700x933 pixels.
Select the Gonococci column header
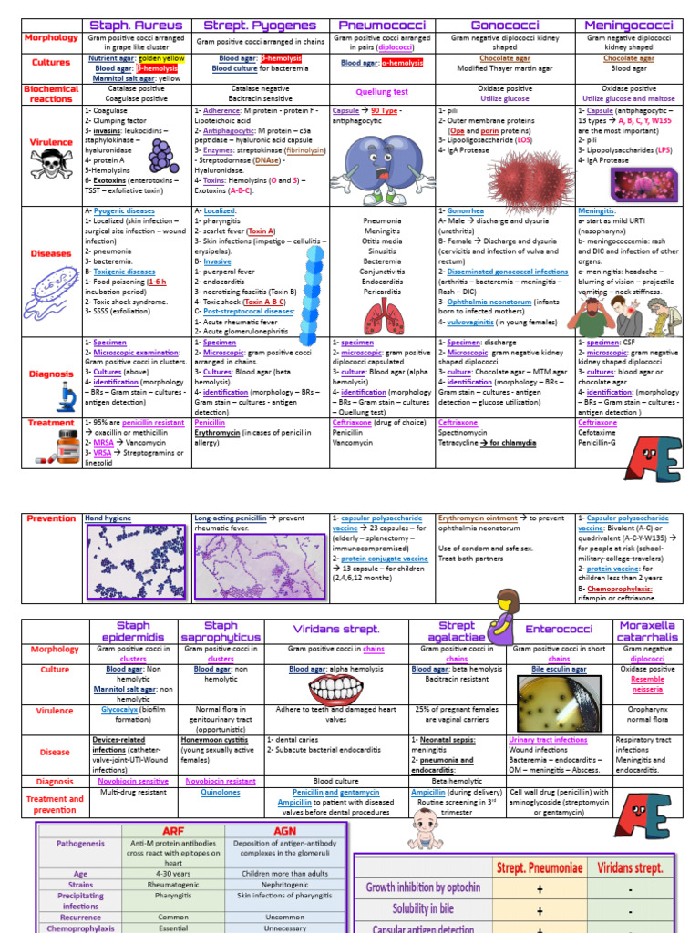point(506,25)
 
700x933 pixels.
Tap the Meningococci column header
point(628,25)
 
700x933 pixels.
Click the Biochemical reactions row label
point(52,94)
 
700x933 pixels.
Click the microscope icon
point(67,396)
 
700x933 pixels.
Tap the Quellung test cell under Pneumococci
point(382,92)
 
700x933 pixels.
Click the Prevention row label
point(52,518)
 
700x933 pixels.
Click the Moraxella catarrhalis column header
point(647,631)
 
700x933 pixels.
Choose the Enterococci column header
point(559,630)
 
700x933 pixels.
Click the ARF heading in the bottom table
point(172,831)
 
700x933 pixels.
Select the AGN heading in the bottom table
point(284,831)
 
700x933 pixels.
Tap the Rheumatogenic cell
point(172,884)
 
